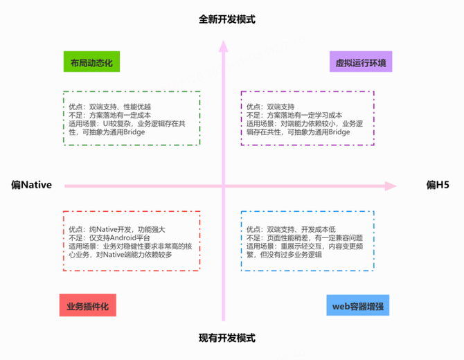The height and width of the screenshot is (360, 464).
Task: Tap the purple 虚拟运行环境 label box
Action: pos(361,63)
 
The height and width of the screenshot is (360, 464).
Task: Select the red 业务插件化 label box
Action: pos(87,305)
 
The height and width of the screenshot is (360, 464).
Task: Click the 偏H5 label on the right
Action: pos(438,185)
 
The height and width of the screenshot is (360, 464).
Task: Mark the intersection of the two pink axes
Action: pos(223,186)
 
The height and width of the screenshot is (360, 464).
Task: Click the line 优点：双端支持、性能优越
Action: pos(110,107)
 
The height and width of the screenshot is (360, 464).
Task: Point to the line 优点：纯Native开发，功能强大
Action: pos(117,228)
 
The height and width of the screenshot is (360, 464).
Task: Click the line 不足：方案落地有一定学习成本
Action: pos(295,115)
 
